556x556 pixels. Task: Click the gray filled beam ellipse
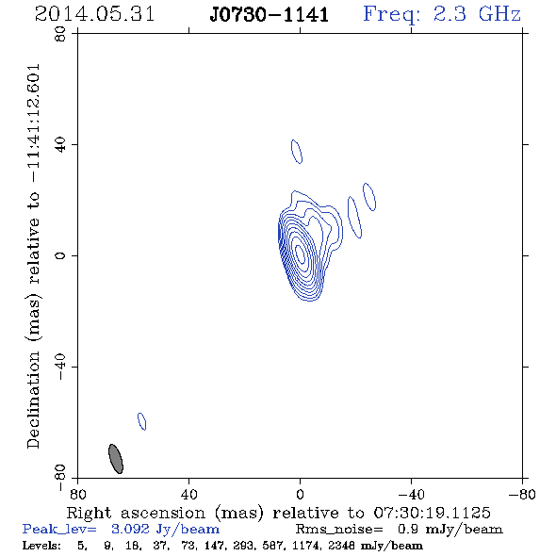coord(116,459)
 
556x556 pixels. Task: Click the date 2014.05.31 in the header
coord(94,14)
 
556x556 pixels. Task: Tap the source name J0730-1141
coord(270,15)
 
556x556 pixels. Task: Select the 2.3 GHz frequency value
coord(477,14)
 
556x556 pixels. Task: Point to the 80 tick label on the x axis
coord(77,494)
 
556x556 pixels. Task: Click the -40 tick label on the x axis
coord(411,494)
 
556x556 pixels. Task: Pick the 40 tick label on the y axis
coord(60,145)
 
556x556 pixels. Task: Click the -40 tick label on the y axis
coord(60,367)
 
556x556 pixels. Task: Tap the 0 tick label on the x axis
coord(300,494)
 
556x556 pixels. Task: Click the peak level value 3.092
coord(130,529)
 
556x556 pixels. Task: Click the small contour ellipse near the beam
coord(142,421)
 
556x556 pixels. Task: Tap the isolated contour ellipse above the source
coord(297,152)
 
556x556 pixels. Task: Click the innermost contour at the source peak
coord(300,254)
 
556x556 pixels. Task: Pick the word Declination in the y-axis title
coord(33,401)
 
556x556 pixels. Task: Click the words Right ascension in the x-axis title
coord(136,513)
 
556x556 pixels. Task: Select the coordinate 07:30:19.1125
coord(432,513)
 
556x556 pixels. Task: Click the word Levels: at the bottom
coord(41,546)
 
